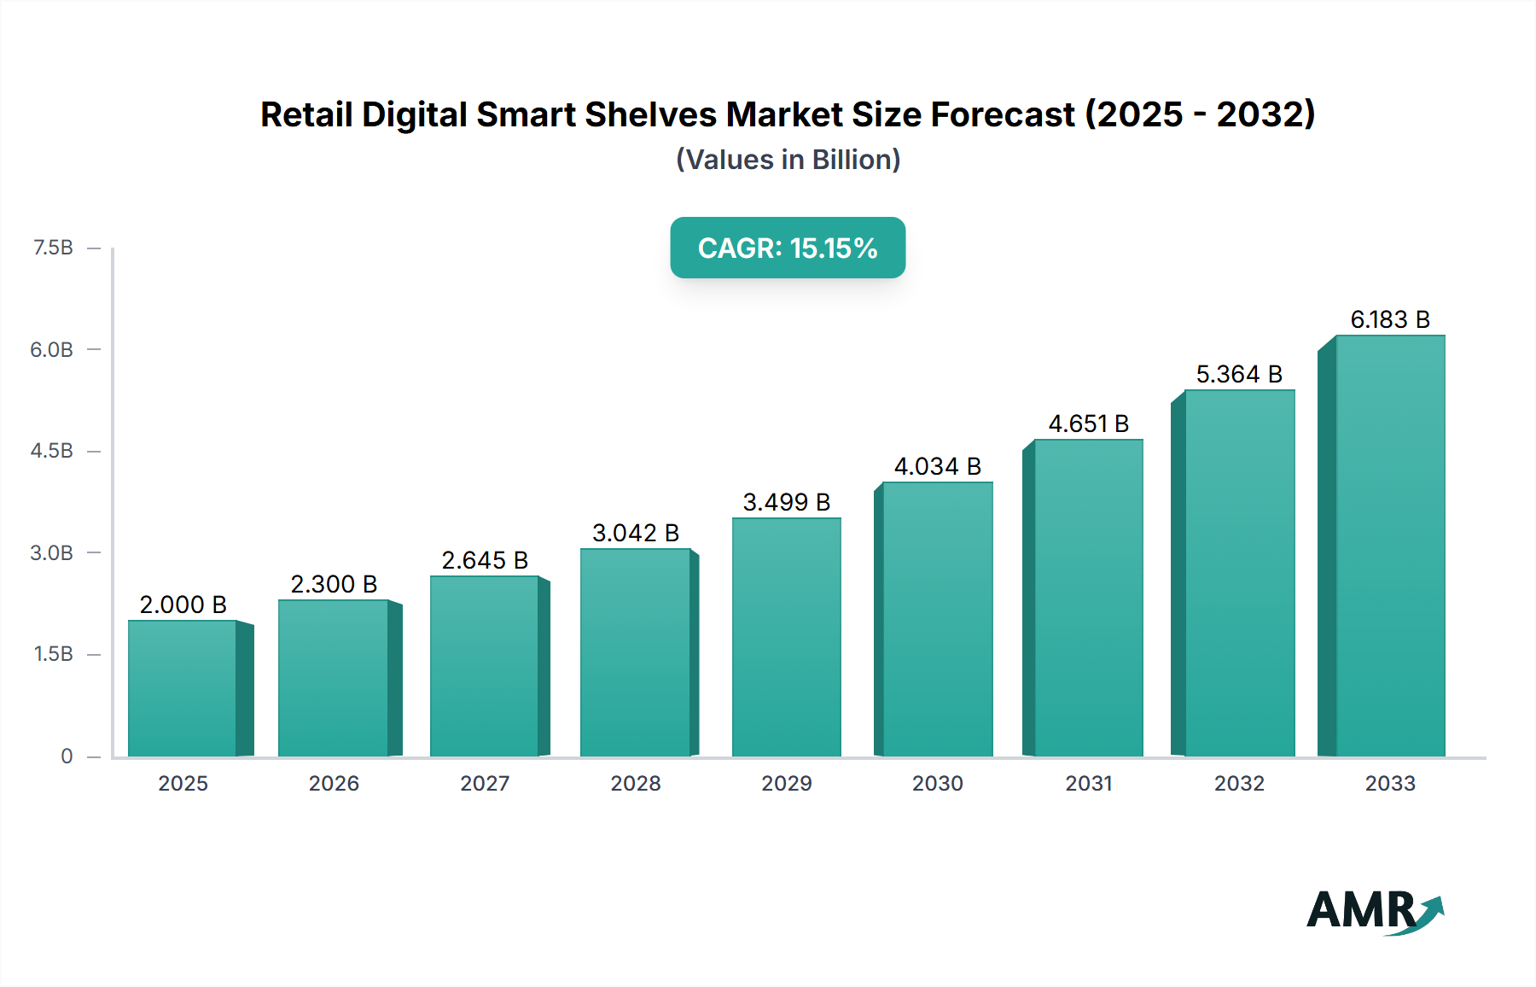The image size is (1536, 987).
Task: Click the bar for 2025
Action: click(x=183, y=688)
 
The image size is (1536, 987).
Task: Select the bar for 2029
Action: click(x=786, y=637)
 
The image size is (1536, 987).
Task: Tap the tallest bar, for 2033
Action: click(x=1390, y=546)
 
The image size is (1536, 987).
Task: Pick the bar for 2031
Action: click(x=1088, y=598)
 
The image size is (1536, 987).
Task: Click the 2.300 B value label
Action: click(x=334, y=584)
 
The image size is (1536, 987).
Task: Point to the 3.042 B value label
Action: click(x=636, y=533)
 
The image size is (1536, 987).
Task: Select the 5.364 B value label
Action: click(x=1239, y=374)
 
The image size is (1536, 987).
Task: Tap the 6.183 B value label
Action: click(x=1390, y=319)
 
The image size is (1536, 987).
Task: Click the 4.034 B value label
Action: click(x=937, y=466)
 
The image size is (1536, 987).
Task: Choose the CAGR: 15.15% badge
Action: click(x=788, y=248)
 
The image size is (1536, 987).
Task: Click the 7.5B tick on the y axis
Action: click(x=53, y=248)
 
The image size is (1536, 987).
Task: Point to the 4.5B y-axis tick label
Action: click(x=52, y=451)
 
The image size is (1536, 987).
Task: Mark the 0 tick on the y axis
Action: click(x=67, y=756)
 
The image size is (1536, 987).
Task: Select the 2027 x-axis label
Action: click(x=485, y=783)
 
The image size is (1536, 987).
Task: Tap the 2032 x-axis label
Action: click(x=1239, y=783)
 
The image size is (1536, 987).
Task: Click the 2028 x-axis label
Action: click(x=636, y=783)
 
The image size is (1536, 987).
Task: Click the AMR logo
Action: click(x=1374, y=911)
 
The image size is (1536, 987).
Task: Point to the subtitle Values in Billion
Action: click(x=788, y=160)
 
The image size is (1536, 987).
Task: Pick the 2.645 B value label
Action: click(x=485, y=560)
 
